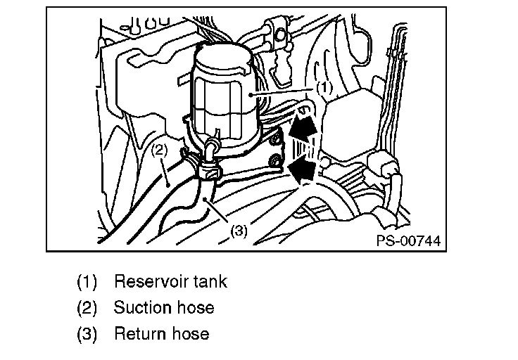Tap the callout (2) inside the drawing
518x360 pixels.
click(159, 150)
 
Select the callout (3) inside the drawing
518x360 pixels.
click(239, 230)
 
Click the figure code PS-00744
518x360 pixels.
click(408, 241)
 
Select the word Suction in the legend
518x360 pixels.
click(142, 307)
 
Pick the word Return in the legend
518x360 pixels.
click(138, 333)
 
